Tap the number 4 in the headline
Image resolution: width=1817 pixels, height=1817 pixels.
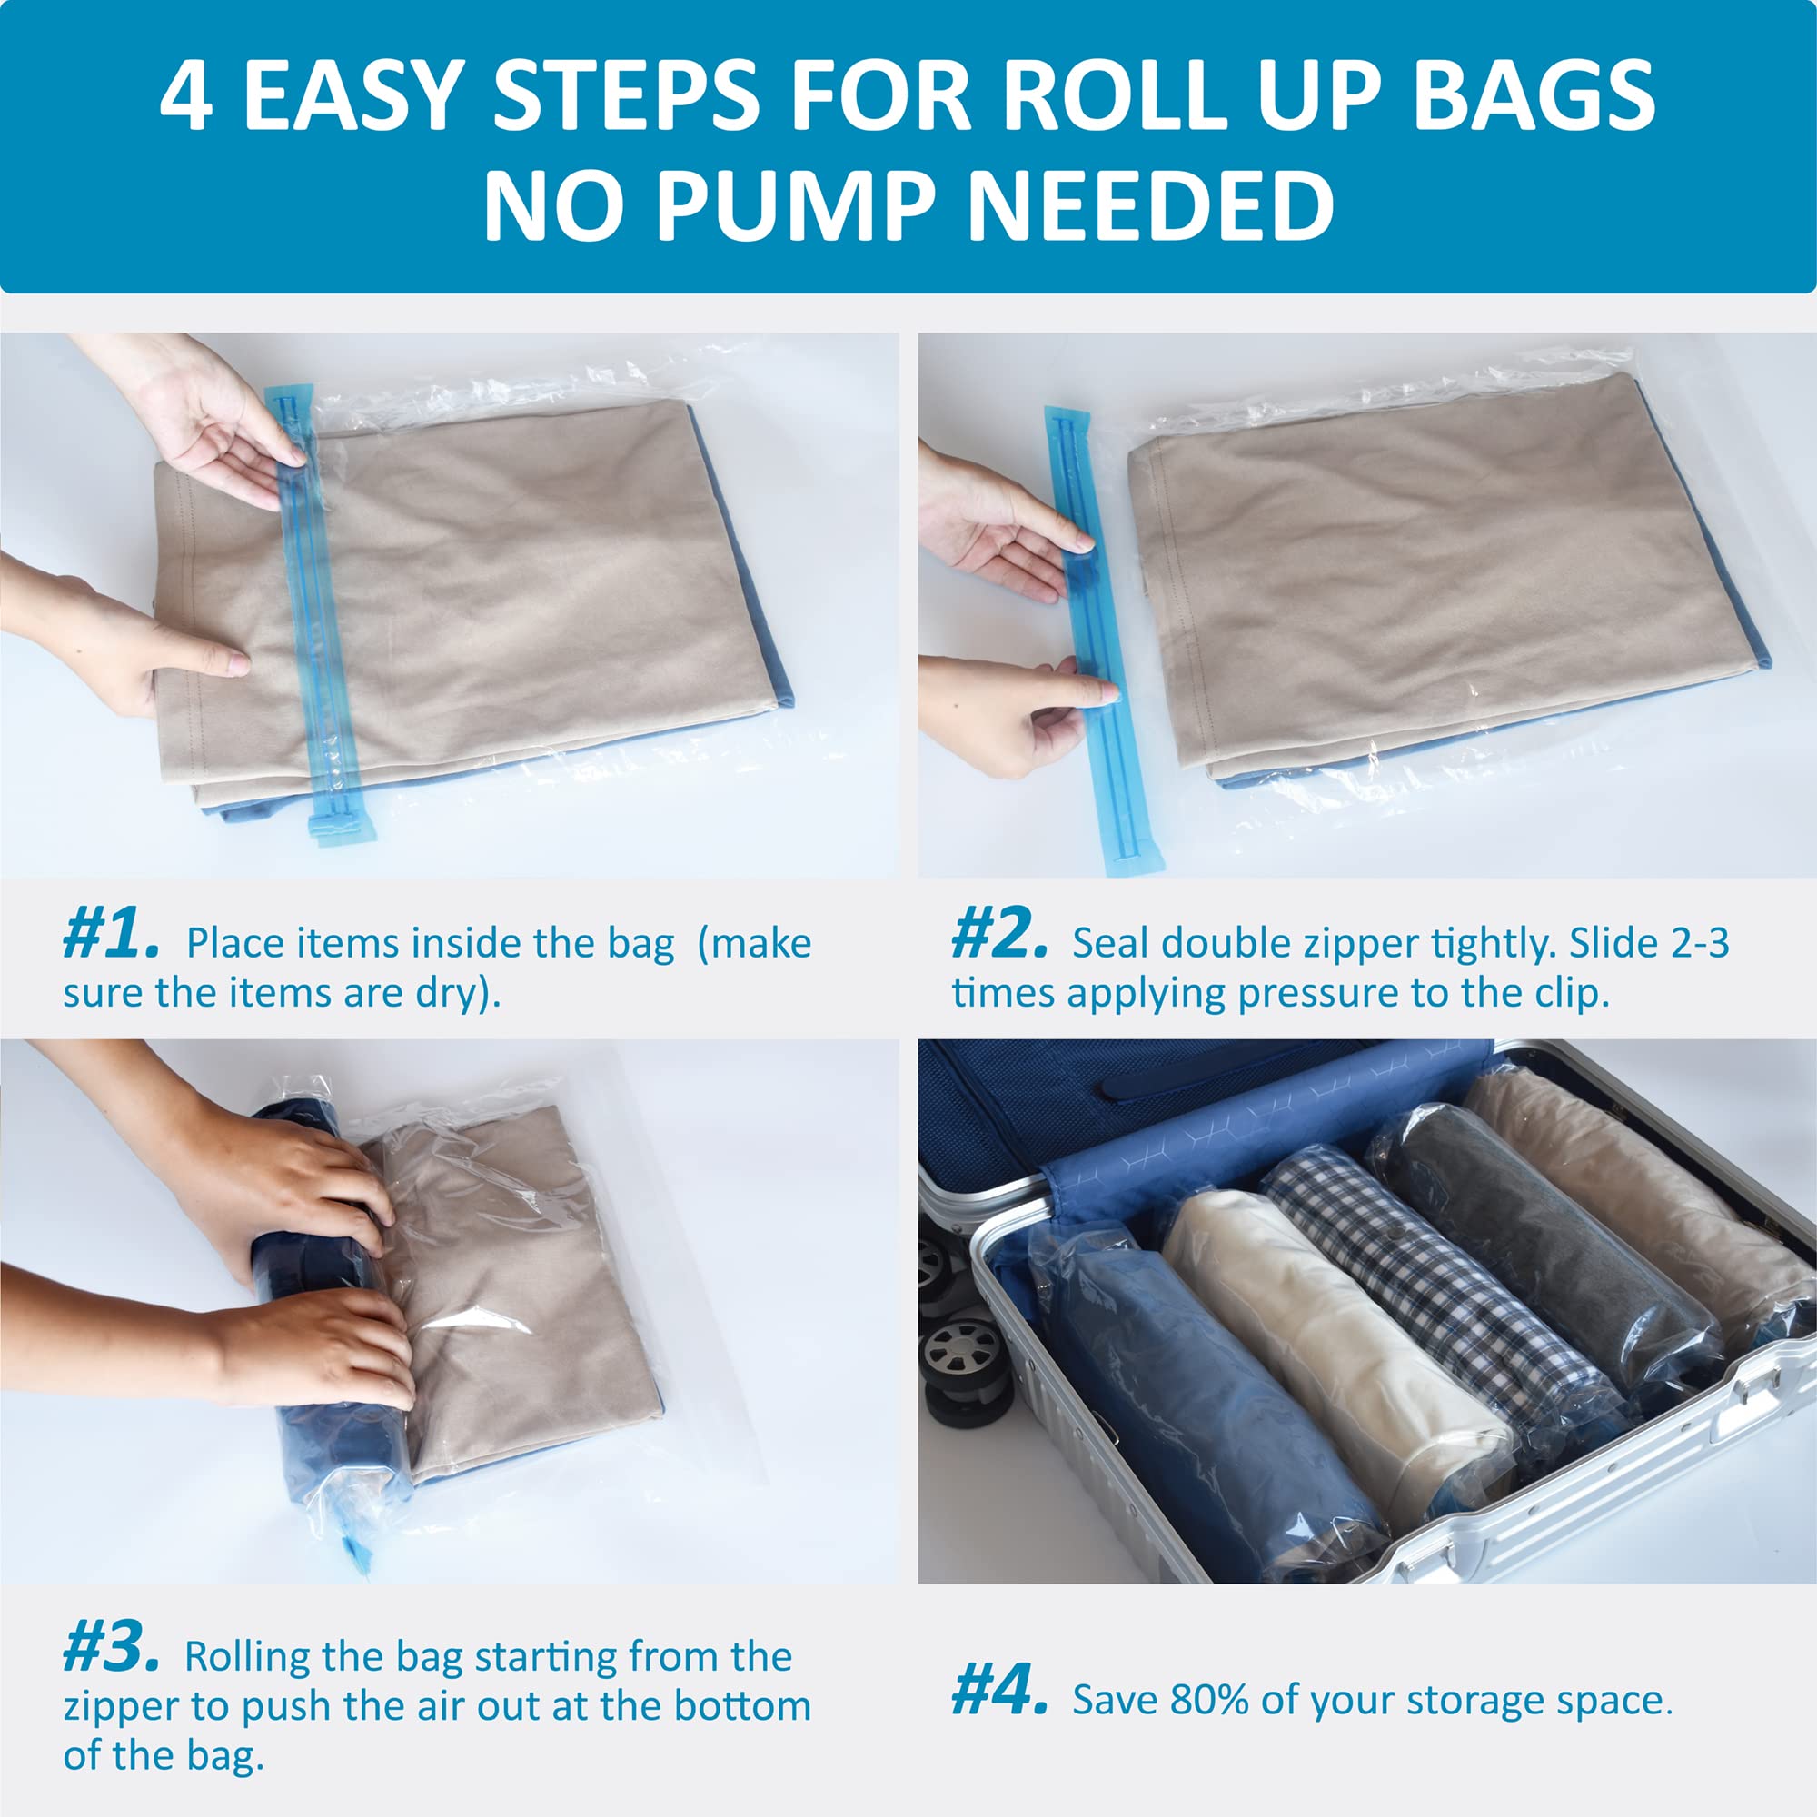pyautogui.click(x=185, y=98)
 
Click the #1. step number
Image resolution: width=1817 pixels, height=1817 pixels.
pyautogui.click(x=111, y=935)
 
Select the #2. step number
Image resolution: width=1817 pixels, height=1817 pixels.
pyautogui.click(x=998, y=935)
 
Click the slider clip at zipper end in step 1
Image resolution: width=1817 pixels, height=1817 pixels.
pyautogui.click(x=339, y=827)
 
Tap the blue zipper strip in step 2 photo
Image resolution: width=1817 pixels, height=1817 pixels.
pyautogui.click(x=1097, y=640)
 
